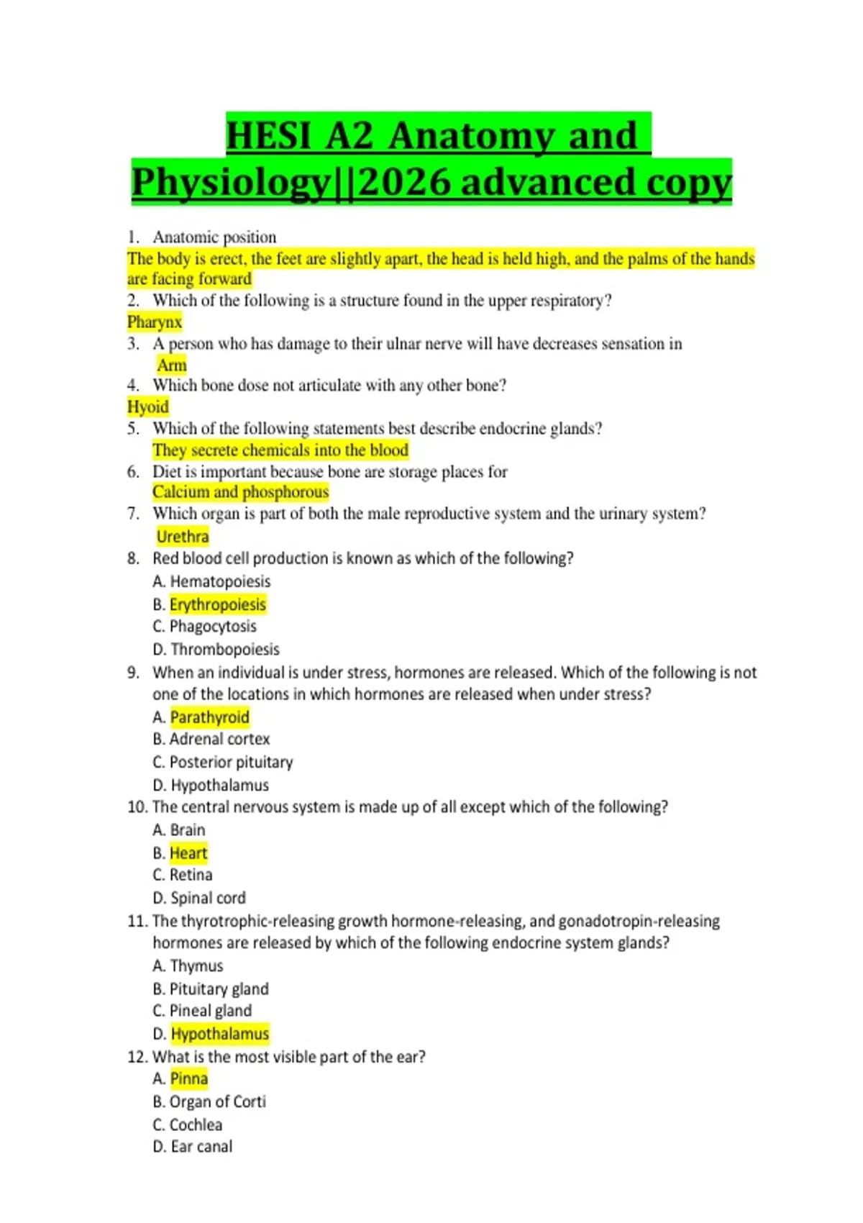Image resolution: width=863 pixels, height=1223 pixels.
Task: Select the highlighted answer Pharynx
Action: coord(155,322)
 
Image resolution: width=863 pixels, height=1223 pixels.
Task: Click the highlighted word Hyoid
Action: coord(148,406)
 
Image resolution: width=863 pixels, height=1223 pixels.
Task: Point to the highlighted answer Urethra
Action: coord(183,536)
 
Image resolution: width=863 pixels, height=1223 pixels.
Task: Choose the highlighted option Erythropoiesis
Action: coord(217,604)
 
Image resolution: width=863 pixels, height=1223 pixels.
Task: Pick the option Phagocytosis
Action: coord(213,627)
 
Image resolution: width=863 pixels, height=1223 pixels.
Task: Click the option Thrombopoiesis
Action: coord(224,649)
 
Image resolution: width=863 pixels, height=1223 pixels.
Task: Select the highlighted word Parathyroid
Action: coord(209,717)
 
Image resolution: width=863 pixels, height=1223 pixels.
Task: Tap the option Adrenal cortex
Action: coord(219,739)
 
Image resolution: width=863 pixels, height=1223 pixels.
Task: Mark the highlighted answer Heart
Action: coord(188,853)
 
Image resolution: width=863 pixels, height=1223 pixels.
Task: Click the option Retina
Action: coord(191,875)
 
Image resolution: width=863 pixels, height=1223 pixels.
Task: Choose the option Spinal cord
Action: coord(208,898)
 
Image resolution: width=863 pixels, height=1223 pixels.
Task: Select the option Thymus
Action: coord(196,965)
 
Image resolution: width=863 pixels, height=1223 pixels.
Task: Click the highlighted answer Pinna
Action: coord(189,1078)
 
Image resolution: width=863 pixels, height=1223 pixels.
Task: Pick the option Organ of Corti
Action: coord(217,1101)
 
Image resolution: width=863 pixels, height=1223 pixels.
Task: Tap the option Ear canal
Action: coord(201,1146)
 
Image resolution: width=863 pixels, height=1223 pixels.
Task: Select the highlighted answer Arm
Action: coord(172,365)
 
